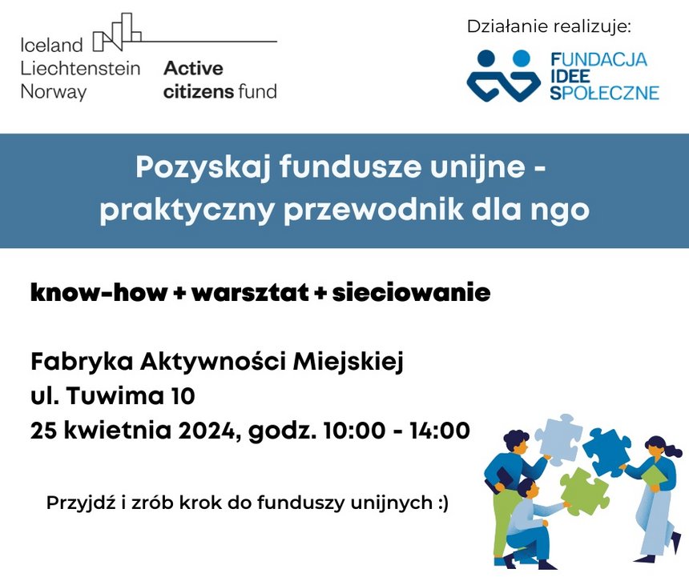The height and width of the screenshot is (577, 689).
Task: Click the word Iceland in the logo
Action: coord(51,45)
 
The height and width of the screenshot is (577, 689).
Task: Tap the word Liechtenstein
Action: coord(80,69)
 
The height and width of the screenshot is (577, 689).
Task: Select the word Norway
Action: coord(53,92)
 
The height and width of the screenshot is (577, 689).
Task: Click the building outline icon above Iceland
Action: coord(117,32)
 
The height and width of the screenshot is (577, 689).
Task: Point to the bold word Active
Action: coord(193,69)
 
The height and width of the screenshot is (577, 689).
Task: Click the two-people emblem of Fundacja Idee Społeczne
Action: coord(503,76)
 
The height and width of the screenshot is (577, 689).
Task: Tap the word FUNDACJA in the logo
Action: coord(599,59)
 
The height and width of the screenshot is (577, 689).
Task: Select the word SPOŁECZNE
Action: coord(605,93)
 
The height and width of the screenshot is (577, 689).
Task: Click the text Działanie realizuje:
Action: coord(548,26)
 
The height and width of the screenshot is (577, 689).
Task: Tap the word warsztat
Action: coord(251,293)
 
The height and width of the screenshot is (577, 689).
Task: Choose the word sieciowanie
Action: coord(411,293)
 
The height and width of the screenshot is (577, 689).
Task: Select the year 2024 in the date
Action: coord(208,431)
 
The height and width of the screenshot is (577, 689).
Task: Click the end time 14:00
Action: coord(440,431)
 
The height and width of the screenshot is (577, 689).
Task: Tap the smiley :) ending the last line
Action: coord(443,503)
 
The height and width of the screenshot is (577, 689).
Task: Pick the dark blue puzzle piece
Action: coord(606,452)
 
